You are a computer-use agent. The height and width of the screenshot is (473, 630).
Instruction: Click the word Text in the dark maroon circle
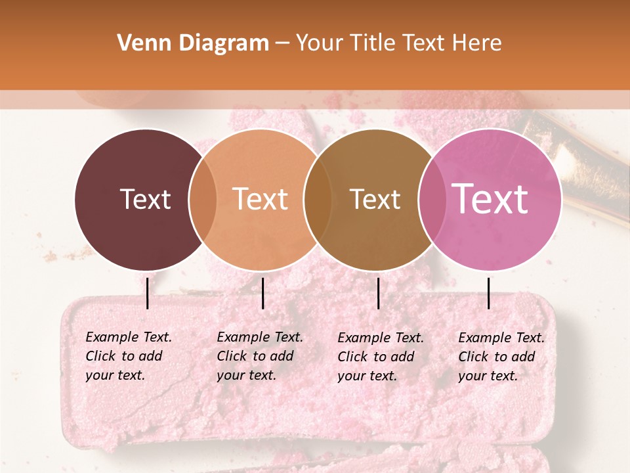145,199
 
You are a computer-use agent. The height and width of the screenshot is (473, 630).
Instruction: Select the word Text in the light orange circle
261,199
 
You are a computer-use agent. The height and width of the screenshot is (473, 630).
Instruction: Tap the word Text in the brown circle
375,199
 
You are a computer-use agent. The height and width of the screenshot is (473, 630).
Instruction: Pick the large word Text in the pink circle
490,198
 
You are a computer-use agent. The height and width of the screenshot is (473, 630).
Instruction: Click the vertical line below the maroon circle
148,293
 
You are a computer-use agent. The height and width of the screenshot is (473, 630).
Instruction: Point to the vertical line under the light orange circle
262,293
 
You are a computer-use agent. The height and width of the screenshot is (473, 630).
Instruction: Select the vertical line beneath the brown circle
379,293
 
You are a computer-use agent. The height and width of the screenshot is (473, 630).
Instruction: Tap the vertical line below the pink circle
489,293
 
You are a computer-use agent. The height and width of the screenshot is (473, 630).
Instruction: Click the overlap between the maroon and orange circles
203,200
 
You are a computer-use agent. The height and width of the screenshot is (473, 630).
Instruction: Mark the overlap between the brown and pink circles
432,200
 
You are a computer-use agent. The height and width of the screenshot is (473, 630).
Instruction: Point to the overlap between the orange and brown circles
318,200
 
